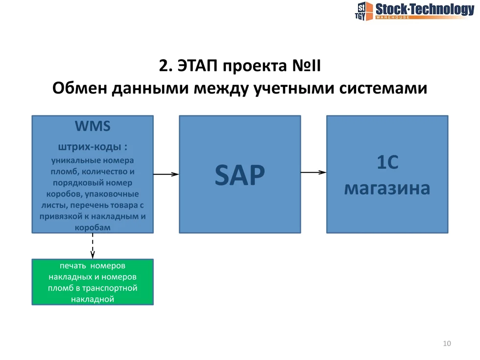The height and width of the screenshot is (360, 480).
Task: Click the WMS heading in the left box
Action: (x=93, y=126)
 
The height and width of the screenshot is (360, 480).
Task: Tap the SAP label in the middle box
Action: (x=240, y=175)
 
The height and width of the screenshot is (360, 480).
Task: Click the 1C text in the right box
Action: (x=387, y=163)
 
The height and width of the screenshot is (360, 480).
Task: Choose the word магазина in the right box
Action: (x=387, y=188)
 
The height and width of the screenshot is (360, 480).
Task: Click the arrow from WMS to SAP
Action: (x=166, y=174)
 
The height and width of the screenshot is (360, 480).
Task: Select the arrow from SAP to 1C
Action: (x=313, y=172)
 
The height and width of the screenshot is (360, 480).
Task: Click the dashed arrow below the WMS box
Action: (x=93, y=246)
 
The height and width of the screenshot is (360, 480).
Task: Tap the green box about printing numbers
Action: (x=93, y=282)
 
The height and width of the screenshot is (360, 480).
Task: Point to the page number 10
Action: (x=446, y=343)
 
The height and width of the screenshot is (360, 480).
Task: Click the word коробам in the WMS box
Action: (x=93, y=228)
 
